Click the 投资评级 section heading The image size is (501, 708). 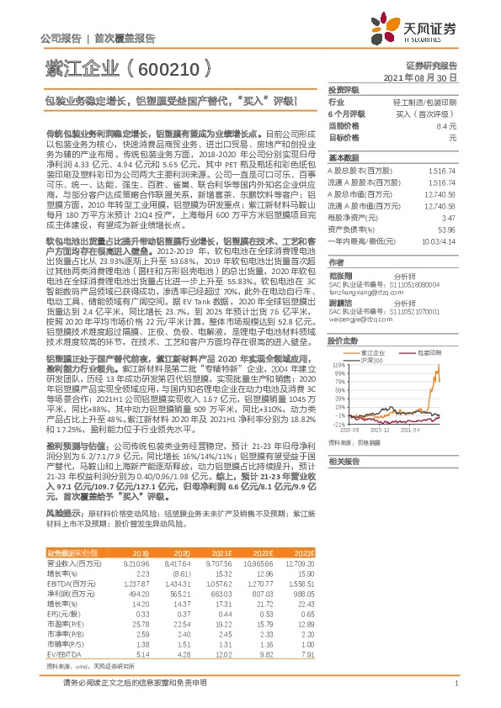point(343,89)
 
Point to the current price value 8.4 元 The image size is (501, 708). point(446,124)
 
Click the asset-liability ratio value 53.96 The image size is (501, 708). point(444,228)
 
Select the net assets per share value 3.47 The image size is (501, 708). point(447,217)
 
